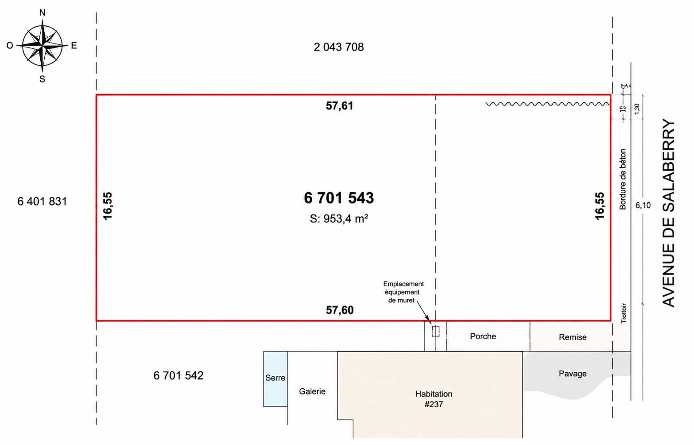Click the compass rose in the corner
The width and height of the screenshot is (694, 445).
[42, 46]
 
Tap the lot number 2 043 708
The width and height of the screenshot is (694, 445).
[338, 47]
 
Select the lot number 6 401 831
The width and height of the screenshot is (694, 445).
[42, 201]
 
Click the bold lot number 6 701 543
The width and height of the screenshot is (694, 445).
[339, 198]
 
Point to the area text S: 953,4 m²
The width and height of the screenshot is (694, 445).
[339, 219]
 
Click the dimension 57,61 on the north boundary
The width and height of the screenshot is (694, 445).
[339, 106]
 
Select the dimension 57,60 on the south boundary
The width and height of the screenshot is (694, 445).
[340, 310]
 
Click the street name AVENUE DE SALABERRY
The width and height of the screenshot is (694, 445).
[668, 213]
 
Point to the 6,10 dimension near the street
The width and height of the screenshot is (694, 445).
[643, 205]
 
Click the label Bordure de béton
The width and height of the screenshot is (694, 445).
[623, 179]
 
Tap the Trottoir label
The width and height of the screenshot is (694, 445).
[624, 312]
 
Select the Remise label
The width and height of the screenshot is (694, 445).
[572, 337]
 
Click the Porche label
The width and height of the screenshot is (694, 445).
[483, 336]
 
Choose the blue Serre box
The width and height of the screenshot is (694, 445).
[275, 378]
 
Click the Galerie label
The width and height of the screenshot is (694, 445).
[312, 391]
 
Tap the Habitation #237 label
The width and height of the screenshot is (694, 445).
[434, 399]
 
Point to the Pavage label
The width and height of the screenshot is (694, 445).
[572, 374]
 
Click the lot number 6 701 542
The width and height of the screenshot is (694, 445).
[178, 375]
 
